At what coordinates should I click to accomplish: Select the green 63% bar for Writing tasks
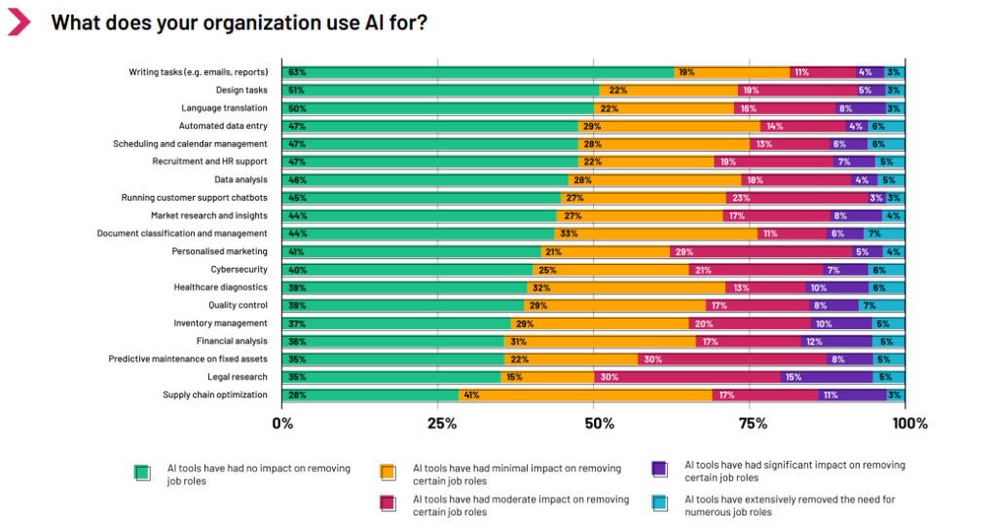(x=477, y=72)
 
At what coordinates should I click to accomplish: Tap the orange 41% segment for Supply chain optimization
(x=584, y=395)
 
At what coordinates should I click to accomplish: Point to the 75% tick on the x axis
(x=753, y=424)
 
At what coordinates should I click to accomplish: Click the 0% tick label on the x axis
(x=282, y=424)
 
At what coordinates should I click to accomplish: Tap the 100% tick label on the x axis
(x=909, y=424)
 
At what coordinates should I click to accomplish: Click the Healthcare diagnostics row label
(x=220, y=287)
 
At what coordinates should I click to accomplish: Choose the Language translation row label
(x=224, y=108)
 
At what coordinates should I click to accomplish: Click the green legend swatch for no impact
(x=142, y=473)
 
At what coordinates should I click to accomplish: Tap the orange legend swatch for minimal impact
(x=388, y=473)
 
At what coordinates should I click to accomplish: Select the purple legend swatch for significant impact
(x=660, y=470)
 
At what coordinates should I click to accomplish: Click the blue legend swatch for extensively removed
(x=660, y=505)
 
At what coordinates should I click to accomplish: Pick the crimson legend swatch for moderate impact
(x=388, y=505)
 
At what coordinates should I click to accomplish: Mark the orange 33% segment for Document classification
(x=656, y=234)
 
